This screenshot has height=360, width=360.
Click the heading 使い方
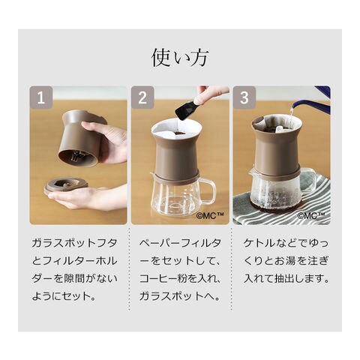180,58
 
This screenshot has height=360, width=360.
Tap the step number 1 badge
41,97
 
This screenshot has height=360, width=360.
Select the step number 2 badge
142,97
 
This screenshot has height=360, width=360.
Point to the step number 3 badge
244,97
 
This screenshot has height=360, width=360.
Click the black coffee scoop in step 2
186,109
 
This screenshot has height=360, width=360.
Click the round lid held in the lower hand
66,185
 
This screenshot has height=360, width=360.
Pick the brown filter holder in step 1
81,139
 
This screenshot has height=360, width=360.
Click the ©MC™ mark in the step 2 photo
209,215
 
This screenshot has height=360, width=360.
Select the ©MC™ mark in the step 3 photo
311,215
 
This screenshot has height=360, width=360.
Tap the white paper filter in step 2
176,130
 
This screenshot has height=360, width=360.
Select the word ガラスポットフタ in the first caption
74,243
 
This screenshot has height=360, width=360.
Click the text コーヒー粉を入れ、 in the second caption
180,278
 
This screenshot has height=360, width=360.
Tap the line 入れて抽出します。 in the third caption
286,278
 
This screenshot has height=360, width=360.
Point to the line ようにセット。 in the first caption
64,296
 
